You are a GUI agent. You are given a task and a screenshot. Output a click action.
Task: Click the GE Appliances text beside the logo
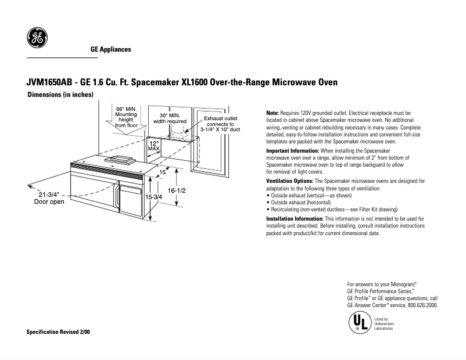pyautogui.click(x=110, y=49)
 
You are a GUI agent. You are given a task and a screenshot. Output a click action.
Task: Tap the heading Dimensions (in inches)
pyautogui.click(x=60, y=95)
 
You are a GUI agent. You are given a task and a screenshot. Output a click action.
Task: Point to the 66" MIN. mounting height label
pyautogui.click(x=126, y=117)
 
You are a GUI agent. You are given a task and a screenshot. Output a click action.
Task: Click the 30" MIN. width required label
pyautogui.click(x=173, y=118)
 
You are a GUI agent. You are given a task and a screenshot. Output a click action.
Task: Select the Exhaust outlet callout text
pyautogui.click(x=220, y=124)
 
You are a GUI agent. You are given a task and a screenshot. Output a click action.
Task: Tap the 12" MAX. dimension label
pyautogui.click(x=154, y=145)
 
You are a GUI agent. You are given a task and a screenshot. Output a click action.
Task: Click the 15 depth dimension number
pyautogui.click(x=163, y=172)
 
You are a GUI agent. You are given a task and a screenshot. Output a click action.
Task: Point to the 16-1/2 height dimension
pyautogui.click(x=177, y=190)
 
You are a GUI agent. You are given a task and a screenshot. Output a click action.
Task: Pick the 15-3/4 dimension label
pyautogui.click(x=153, y=197)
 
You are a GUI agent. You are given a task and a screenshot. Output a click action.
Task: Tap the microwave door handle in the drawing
pyautogui.click(x=118, y=197)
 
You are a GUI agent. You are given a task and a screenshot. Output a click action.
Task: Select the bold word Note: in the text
pyautogui.click(x=272, y=113)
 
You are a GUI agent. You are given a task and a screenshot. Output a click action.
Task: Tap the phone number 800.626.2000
pyautogui.click(x=422, y=305)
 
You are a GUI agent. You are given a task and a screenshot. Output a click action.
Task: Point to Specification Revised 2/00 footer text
pyautogui.click(x=58, y=332)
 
